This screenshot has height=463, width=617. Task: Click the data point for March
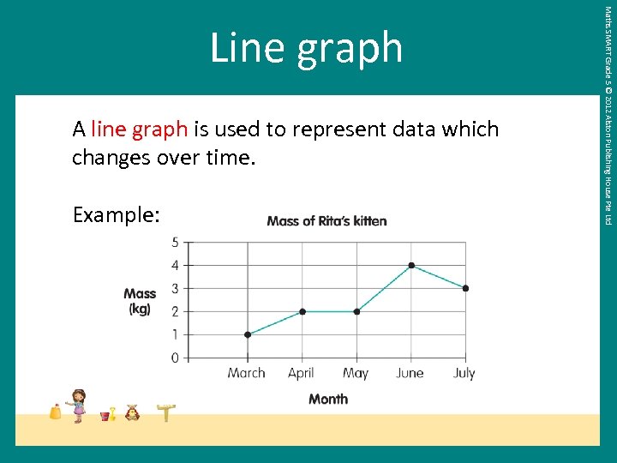tap(248, 334)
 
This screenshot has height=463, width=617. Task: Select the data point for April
tap(302, 311)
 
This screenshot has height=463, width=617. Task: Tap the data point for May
tap(356, 311)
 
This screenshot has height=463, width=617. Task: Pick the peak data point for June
tap(411, 265)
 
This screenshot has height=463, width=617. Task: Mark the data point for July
tap(465, 288)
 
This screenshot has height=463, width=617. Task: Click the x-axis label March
tap(247, 373)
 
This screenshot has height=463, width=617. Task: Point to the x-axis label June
tap(410, 373)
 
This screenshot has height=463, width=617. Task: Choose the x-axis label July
tap(464, 373)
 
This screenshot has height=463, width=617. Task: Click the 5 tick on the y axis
tap(175, 243)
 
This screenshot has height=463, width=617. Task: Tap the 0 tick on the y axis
tap(175, 358)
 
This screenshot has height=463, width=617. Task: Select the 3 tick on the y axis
tap(175, 288)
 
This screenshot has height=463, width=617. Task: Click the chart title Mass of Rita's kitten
tap(326, 221)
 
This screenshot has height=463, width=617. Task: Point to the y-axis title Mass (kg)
tap(140, 301)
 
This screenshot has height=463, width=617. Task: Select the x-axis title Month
tap(328, 399)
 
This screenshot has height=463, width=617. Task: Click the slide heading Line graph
tap(306, 47)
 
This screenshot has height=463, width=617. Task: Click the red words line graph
tap(139, 129)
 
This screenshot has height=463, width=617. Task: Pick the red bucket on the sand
tap(105, 416)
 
